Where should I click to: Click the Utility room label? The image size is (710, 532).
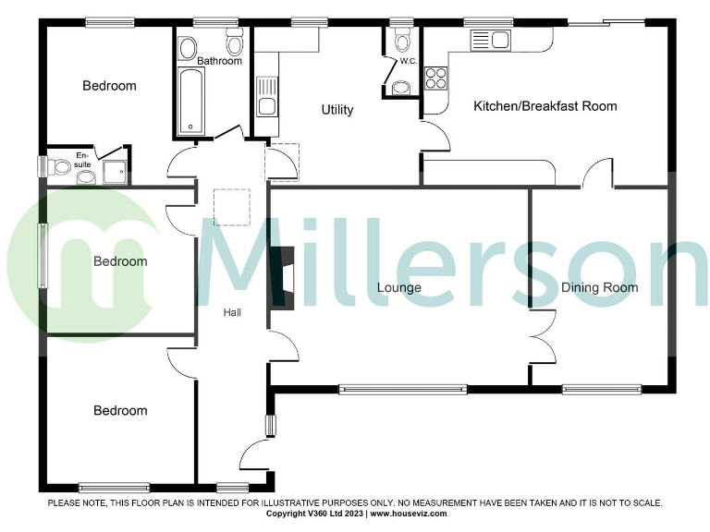(337, 110)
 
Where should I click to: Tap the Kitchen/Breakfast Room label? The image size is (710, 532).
(545, 106)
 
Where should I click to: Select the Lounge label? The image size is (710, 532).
(398, 287)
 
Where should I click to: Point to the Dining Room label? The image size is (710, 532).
(599, 287)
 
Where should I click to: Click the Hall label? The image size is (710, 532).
(232, 313)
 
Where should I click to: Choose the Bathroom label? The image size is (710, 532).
(219, 62)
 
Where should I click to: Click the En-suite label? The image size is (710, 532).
(84, 159)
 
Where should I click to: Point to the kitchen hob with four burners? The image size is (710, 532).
(435, 78)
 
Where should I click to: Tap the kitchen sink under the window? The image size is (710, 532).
(490, 40)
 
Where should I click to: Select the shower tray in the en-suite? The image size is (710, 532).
(114, 172)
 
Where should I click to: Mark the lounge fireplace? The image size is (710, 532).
(287, 277)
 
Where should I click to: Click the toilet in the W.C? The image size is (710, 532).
(401, 41)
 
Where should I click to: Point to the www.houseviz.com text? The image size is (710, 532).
(409, 514)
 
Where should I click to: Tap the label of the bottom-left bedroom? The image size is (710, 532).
(120, 411)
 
